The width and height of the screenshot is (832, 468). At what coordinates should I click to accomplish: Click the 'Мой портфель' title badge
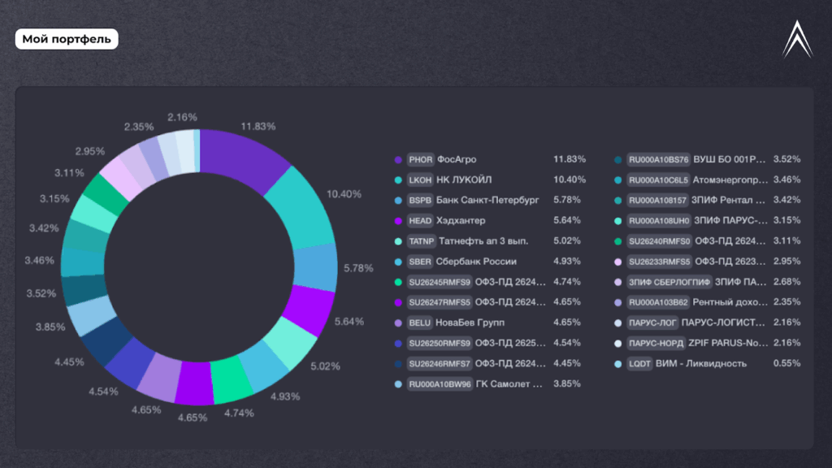pyautogui.click(x=67, y=39)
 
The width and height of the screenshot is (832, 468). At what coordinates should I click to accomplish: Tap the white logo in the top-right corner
pyautogui.click(x=797, y=39)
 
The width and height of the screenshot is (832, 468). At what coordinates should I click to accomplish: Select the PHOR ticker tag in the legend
pyautogui.click(x=421, y=159)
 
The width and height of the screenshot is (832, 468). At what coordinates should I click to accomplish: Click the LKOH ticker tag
pyautogui.click(x=421, y=180)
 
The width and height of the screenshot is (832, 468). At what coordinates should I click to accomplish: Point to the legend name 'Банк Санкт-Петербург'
pyautogui.click(x=487, y=200)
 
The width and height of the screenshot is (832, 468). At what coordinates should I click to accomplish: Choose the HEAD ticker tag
pyautogui.click(x=421, y=220)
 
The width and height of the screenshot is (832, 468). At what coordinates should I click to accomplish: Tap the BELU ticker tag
pyautogui.click(x=420, y=323)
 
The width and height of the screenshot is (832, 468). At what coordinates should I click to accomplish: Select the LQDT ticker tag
pyautogui.click(x=639, y=363)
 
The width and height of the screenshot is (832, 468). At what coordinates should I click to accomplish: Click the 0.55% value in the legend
pyautogui.click(x=786, y=363)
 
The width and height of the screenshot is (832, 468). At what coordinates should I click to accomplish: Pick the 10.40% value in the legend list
pyautogui.click(x=570, y=180)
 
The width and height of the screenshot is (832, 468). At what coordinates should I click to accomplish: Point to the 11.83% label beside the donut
pyautogui.click(x=258, y=127)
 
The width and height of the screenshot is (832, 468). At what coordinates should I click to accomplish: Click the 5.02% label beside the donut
pyautogui.click(x=325, y=366)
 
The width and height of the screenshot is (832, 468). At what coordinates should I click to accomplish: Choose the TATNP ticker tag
pyautogui.click(x=422, y=241)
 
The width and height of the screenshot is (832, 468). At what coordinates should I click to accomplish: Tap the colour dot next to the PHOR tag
pyautogui.click(x=398, y=159)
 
